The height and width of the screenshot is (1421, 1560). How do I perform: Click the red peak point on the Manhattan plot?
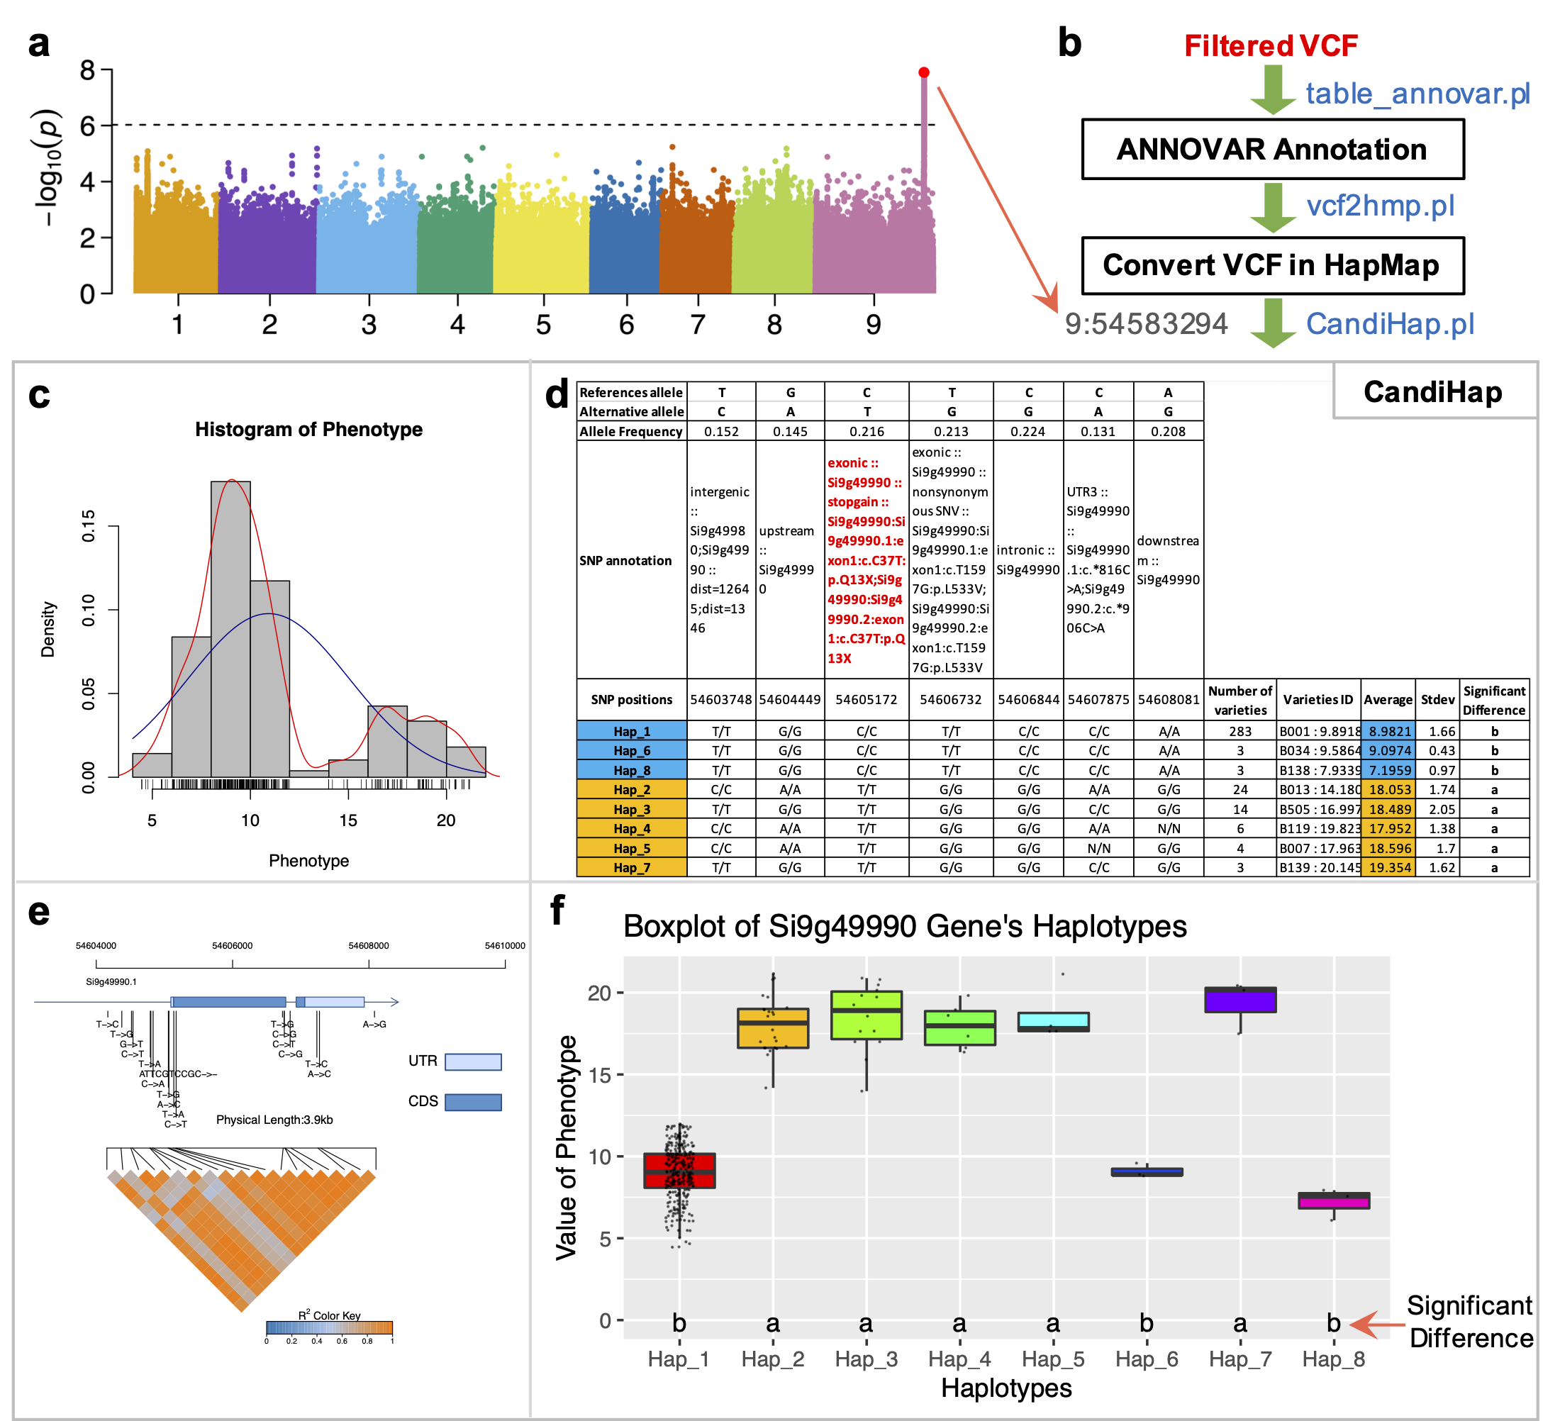point(923,73)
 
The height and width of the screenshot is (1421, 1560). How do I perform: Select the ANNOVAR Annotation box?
point(1272,150)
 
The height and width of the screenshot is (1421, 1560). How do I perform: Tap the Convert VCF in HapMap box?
point(1272,265)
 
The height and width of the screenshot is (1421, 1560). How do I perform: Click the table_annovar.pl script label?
point(1417,94)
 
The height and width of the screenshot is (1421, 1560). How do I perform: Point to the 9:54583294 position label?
point(1145,323)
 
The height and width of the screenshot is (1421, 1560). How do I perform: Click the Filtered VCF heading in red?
point(1271,45)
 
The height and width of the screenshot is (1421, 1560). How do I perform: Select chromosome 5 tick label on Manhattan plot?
point(543,324)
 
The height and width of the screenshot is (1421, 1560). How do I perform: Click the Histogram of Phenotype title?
point(308,430)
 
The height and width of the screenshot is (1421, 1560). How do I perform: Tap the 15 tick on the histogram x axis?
point(348,820)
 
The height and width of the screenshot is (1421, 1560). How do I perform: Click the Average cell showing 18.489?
point(1389,810)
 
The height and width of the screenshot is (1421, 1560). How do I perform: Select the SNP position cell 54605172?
point(866,700)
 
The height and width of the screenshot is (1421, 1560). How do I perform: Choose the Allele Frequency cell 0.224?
point(1027,431)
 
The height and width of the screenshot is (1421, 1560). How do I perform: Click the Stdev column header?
point(1437,700)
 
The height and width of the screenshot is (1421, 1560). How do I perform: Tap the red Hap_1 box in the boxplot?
point(679,1170)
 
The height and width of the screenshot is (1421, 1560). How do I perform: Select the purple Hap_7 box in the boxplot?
point(1240,1000)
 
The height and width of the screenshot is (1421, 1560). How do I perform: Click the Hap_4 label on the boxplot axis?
point(959,1359)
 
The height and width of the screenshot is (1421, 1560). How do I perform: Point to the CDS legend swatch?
point(473,1101)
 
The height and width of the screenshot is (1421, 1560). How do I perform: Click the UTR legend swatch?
point(473,1061)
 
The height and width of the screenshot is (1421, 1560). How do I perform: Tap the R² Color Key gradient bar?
point(329,1328)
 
